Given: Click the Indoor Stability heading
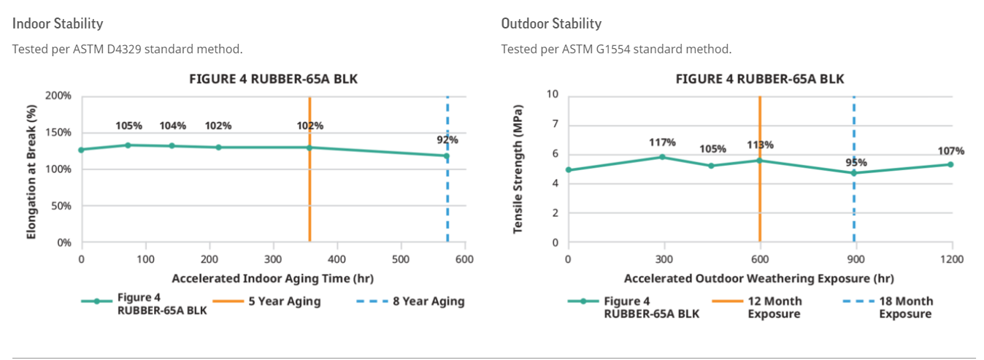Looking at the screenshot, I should [58, 23].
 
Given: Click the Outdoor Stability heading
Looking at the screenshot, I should [551, 23].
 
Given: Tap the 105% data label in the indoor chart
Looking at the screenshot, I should [128, 126].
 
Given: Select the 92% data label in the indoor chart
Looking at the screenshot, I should [447, 139].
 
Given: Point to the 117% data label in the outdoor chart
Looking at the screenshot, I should [663, 142].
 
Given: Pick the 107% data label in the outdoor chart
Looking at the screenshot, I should [951, 151].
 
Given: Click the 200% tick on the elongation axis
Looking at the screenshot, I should [58, 96].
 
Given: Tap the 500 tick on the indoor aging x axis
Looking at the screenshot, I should [400, 258].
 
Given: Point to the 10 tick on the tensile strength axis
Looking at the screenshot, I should [553, 94].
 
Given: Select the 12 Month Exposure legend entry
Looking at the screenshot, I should [774, 307].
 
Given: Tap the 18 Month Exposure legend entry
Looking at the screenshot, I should [904, 307].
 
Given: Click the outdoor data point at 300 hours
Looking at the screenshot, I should [662, 157].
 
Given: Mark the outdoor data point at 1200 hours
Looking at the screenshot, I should [950, 164].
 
